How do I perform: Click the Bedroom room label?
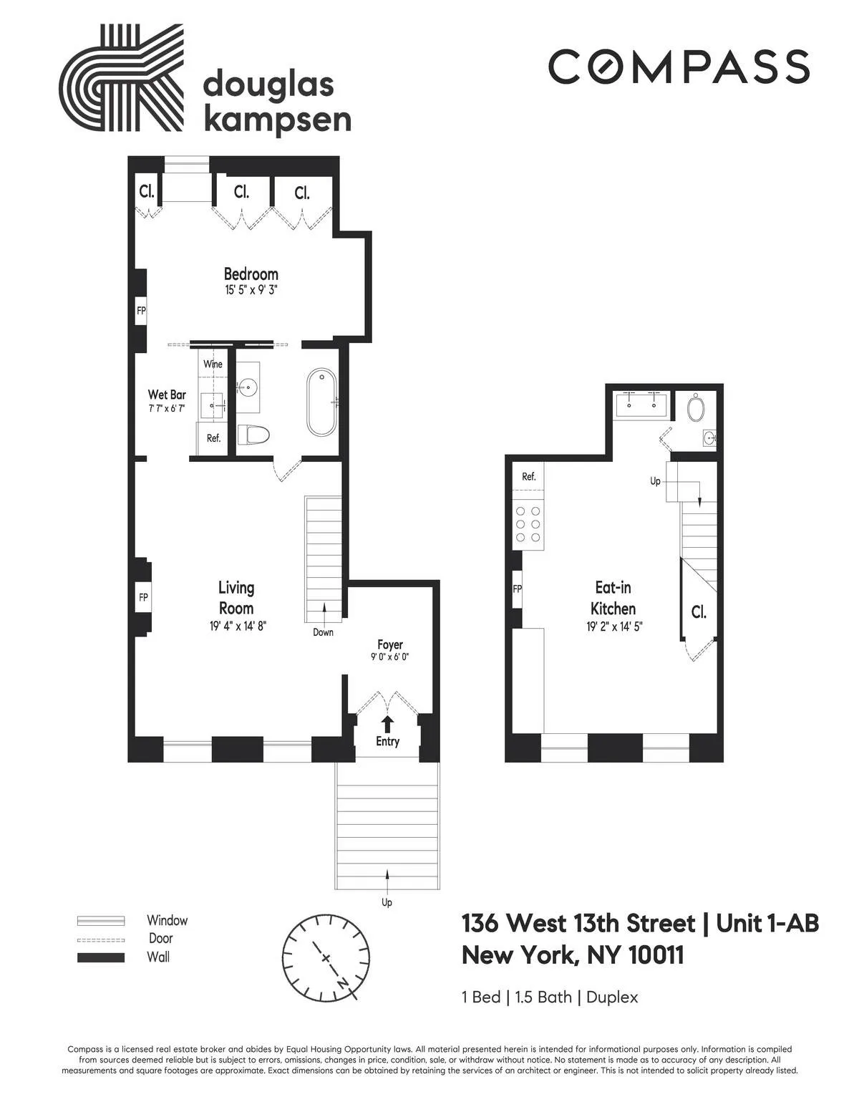(x=251, y=274)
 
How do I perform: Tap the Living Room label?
(x=236, y=598)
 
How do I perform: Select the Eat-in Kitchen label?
(x=613, y=598)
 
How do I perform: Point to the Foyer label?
(x=390, y=644)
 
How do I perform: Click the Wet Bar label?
(x=167, y=395)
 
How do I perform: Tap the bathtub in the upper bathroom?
(x=321, y=402)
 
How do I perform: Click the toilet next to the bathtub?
(x=256, y=435)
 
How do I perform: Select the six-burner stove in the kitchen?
(x=528, y=524)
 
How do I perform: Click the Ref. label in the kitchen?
(x=528, y=476)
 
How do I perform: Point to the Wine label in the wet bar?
(x=213, y=364)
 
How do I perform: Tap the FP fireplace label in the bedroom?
(x=141, y=311)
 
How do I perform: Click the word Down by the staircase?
(x=323, y=632)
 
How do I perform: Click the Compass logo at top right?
(x=679, y=67)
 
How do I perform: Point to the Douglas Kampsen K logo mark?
(x=121, y=78)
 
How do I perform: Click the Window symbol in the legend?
(x=101, y=921)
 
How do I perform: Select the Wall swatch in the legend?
(x=101, y=957)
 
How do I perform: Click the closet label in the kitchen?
(x=699, y=612)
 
